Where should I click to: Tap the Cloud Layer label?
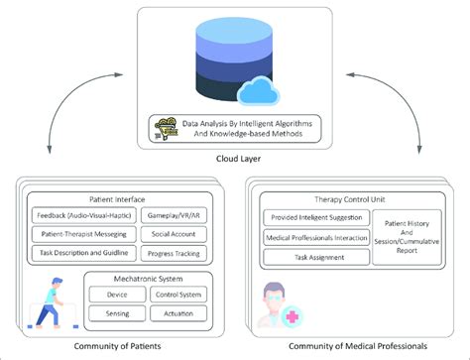click(234, 159)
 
